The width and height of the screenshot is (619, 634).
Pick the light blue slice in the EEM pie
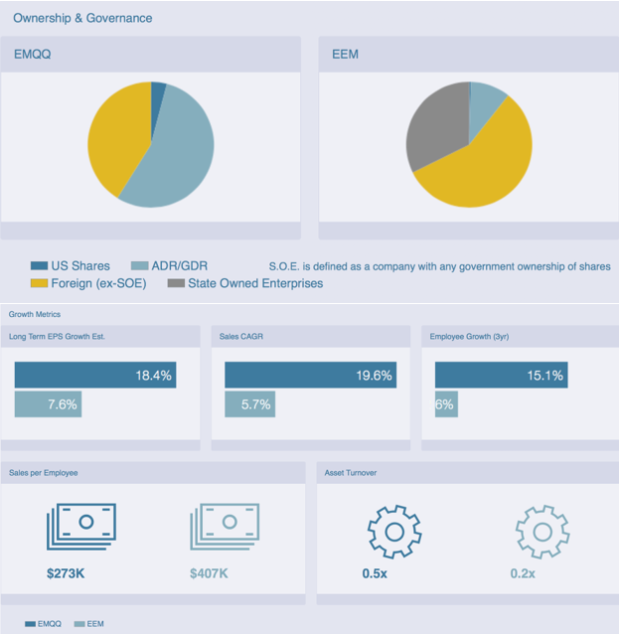tap(486, 101)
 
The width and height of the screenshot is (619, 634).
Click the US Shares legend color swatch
tap(39, 265)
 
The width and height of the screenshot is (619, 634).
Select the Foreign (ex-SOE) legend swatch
tap(39, 283)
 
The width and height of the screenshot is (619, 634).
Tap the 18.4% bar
tap(95, 375)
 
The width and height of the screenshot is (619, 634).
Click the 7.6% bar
tap(47, 404)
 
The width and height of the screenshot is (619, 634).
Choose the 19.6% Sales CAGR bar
tap(310, 375)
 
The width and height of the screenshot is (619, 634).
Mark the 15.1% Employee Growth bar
tap(501, 375)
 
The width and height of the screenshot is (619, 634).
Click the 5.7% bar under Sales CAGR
tap(249, 404)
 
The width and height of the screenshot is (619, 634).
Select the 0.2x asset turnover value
tap(523, 573)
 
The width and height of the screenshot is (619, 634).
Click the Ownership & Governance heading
tap(82, 18)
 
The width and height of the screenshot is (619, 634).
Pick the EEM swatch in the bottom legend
tap(79, 624)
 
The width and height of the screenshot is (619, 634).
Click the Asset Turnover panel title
tap(351, 473)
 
